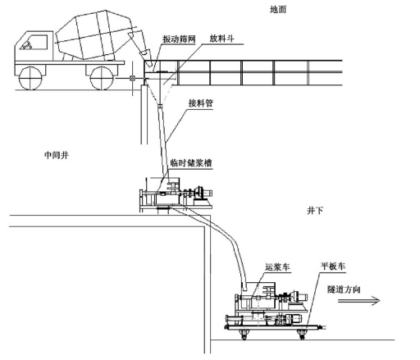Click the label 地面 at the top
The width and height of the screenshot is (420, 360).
278,10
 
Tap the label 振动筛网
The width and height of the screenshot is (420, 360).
179,39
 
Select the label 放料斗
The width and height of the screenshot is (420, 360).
221,39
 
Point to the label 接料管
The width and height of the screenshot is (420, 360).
201,103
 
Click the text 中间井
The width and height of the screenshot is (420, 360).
57,155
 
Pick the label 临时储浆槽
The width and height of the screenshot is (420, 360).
191,163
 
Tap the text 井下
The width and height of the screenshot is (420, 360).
315,211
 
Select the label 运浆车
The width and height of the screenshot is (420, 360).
277,267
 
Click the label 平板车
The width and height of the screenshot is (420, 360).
333,266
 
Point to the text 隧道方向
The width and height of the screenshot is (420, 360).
344,289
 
